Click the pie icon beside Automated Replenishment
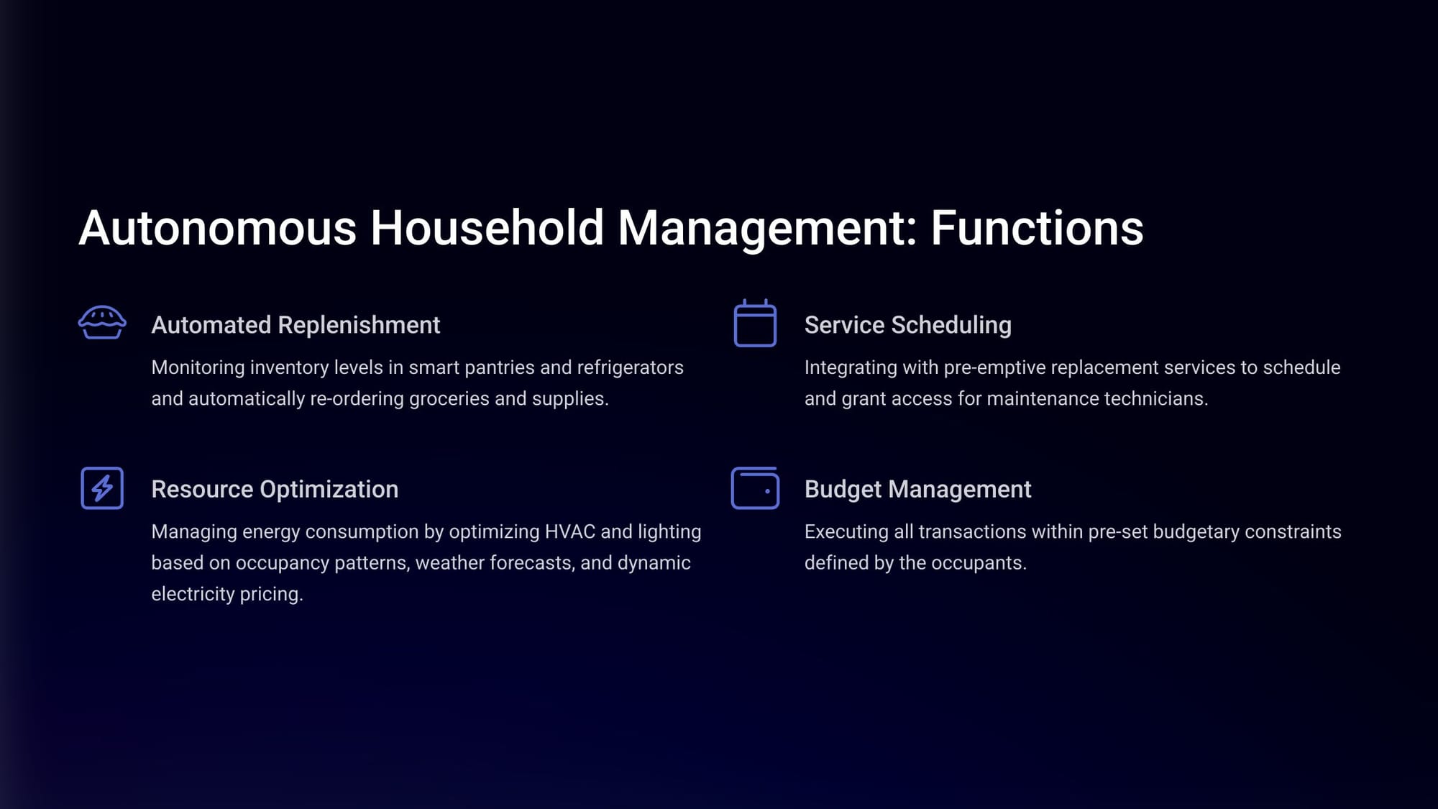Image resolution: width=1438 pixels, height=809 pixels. pyautogui.click(x=102, y=322)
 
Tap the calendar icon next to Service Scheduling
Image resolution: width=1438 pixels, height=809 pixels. pyautogui.click(x=755, y=323)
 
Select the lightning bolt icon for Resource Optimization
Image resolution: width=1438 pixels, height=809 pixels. pyautogui.click(x=102, y=488)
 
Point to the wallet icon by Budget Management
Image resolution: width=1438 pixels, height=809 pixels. pyautogui.click(x=755, y=488)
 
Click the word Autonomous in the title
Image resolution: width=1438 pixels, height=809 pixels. pyautogui.click(x=217, y=228)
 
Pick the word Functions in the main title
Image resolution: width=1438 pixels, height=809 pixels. pyautogui.click(x=1037, y=228)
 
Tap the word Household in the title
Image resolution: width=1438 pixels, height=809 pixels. pyautogui.click(x=487, y=228)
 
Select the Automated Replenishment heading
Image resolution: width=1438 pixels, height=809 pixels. pyautogui.click(x=296, y=325)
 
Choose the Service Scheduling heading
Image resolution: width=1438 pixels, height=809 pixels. pyautogui.click(x=907, y=325)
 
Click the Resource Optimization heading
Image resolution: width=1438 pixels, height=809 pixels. pyautogui.click(x=275, y=489)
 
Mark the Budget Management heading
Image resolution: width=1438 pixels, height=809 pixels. pyautogui.click(x=917, y=489)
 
